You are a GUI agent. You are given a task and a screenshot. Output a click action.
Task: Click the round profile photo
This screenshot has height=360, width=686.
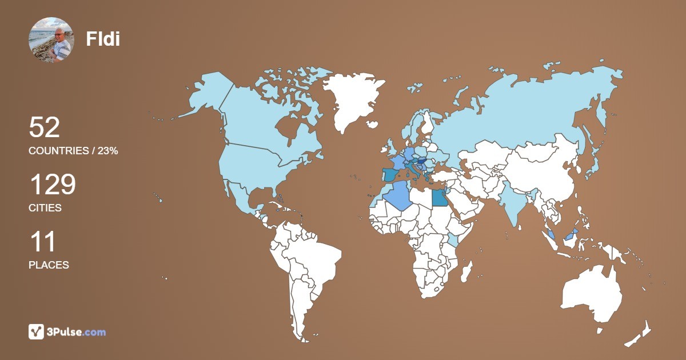[x=50, y=39]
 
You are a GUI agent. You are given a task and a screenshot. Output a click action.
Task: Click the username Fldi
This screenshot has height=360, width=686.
[x=103, y=39]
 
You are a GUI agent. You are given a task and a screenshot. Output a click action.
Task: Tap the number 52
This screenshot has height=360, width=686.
[x=45, y=127]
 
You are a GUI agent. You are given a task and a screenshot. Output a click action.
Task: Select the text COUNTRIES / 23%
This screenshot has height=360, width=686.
[x=73, y=151]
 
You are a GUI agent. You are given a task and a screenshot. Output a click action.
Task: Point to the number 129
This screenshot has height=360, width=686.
[x=52, y=185]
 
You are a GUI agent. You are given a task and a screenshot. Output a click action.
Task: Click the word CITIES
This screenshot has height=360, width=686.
[x=45, y=208]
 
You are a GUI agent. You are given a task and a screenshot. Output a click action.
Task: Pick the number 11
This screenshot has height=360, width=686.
[x=42, y=242]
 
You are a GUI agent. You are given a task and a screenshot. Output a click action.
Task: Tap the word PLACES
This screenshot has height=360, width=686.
[x=49, y=265]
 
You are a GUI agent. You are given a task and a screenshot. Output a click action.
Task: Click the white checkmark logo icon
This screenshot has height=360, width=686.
[x=36, y=331]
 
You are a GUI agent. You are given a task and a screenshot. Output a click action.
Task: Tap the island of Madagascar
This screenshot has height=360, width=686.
[x=467, y=271]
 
